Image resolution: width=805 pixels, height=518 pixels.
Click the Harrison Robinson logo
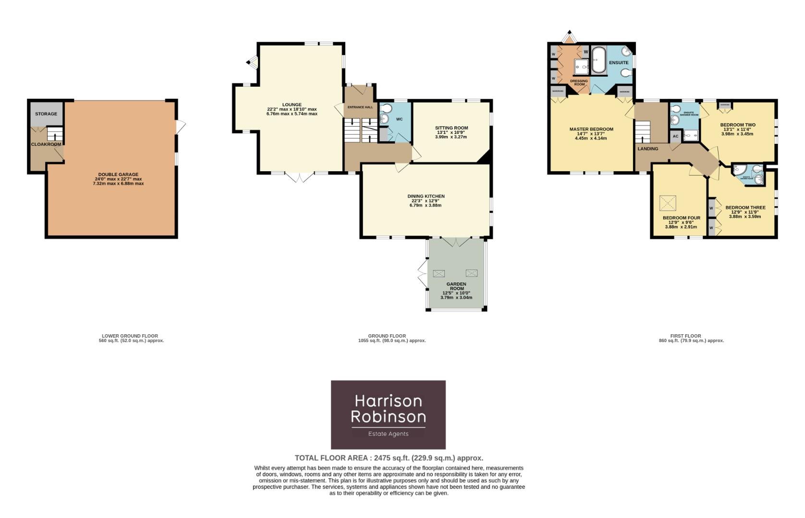click(388, 414)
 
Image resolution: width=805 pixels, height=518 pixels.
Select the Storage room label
click(46, 114)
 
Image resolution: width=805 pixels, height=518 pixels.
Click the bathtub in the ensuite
click(598, 59)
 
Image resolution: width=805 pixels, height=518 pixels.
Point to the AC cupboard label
click(675, 137)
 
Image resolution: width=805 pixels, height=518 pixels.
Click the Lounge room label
click(292, 105)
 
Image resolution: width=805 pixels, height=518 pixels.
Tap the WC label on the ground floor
click(399, 119)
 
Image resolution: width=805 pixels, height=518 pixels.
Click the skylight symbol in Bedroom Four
click(667, 203)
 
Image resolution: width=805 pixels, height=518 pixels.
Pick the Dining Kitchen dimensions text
click(425, 205)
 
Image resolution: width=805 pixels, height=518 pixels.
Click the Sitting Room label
click(451, 128)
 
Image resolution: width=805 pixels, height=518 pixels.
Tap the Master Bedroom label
click(591, 129)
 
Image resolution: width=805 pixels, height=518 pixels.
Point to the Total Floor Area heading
click(389, 458)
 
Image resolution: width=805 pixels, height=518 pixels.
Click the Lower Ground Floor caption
click(130, 336)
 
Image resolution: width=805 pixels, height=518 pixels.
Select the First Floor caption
click(685, 336)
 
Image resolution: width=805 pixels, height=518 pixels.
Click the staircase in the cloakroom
click(54, 134)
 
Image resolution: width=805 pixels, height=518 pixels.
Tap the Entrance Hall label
click(360, 107)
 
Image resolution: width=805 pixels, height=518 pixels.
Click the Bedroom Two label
click(738, 125)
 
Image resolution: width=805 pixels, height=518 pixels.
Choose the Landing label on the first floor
click(647, 149)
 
